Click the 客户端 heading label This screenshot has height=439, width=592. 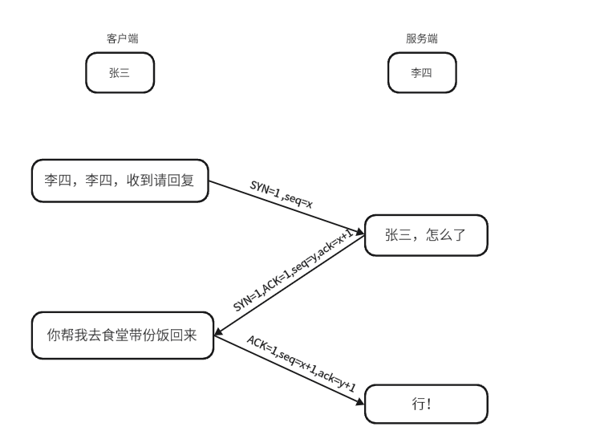pos(118,39)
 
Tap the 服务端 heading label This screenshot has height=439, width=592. pos(421,39)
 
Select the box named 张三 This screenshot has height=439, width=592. pos(119,72)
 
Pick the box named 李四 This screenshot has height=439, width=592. pos(421,72)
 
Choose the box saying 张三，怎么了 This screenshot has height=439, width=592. pos(425,235)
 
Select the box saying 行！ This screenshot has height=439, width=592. pos(425,404)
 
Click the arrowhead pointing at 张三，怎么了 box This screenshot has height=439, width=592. pos(360,232)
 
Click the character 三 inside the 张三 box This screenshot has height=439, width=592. pos(124,72)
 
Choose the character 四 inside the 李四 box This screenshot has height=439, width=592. pos(427,72)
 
